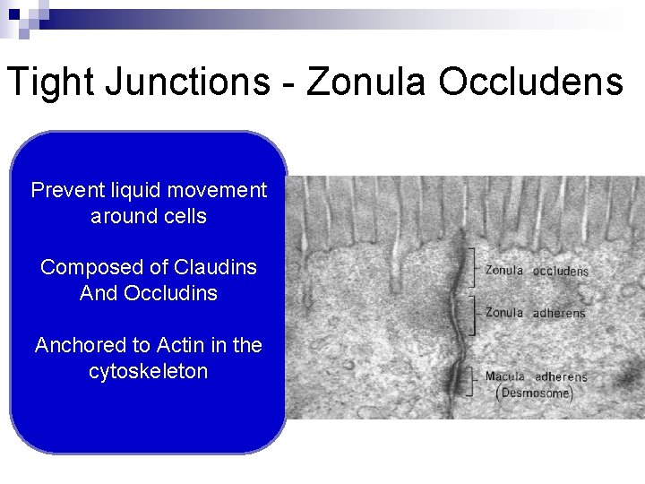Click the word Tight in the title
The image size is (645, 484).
pyautogui.click(x=51, y=82)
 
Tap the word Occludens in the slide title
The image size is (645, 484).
pyautogui.click(x=530, y=82)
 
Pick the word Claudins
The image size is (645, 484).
pyautogui.click(x=215, y=267)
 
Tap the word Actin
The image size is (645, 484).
pyautogui.click(x=180, y=345)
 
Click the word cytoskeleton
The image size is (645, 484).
pyautogui.click(x=148, y=371)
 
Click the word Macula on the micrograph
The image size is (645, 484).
pyautogui.click(x=504, y=376)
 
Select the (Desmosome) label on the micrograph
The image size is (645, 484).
pyautogui.click(x=534, y=393)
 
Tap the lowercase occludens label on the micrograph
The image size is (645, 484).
pyautogui.click(x=561, y=271)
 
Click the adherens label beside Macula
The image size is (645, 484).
pyautogui.click(x=561, y=377)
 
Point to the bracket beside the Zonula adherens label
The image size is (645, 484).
pyautogui.click(x=472, y=313)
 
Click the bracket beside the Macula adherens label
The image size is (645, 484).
pyautogui.click(x=472, y=382)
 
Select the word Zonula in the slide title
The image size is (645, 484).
pyautogui.click(x=367, y=82)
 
